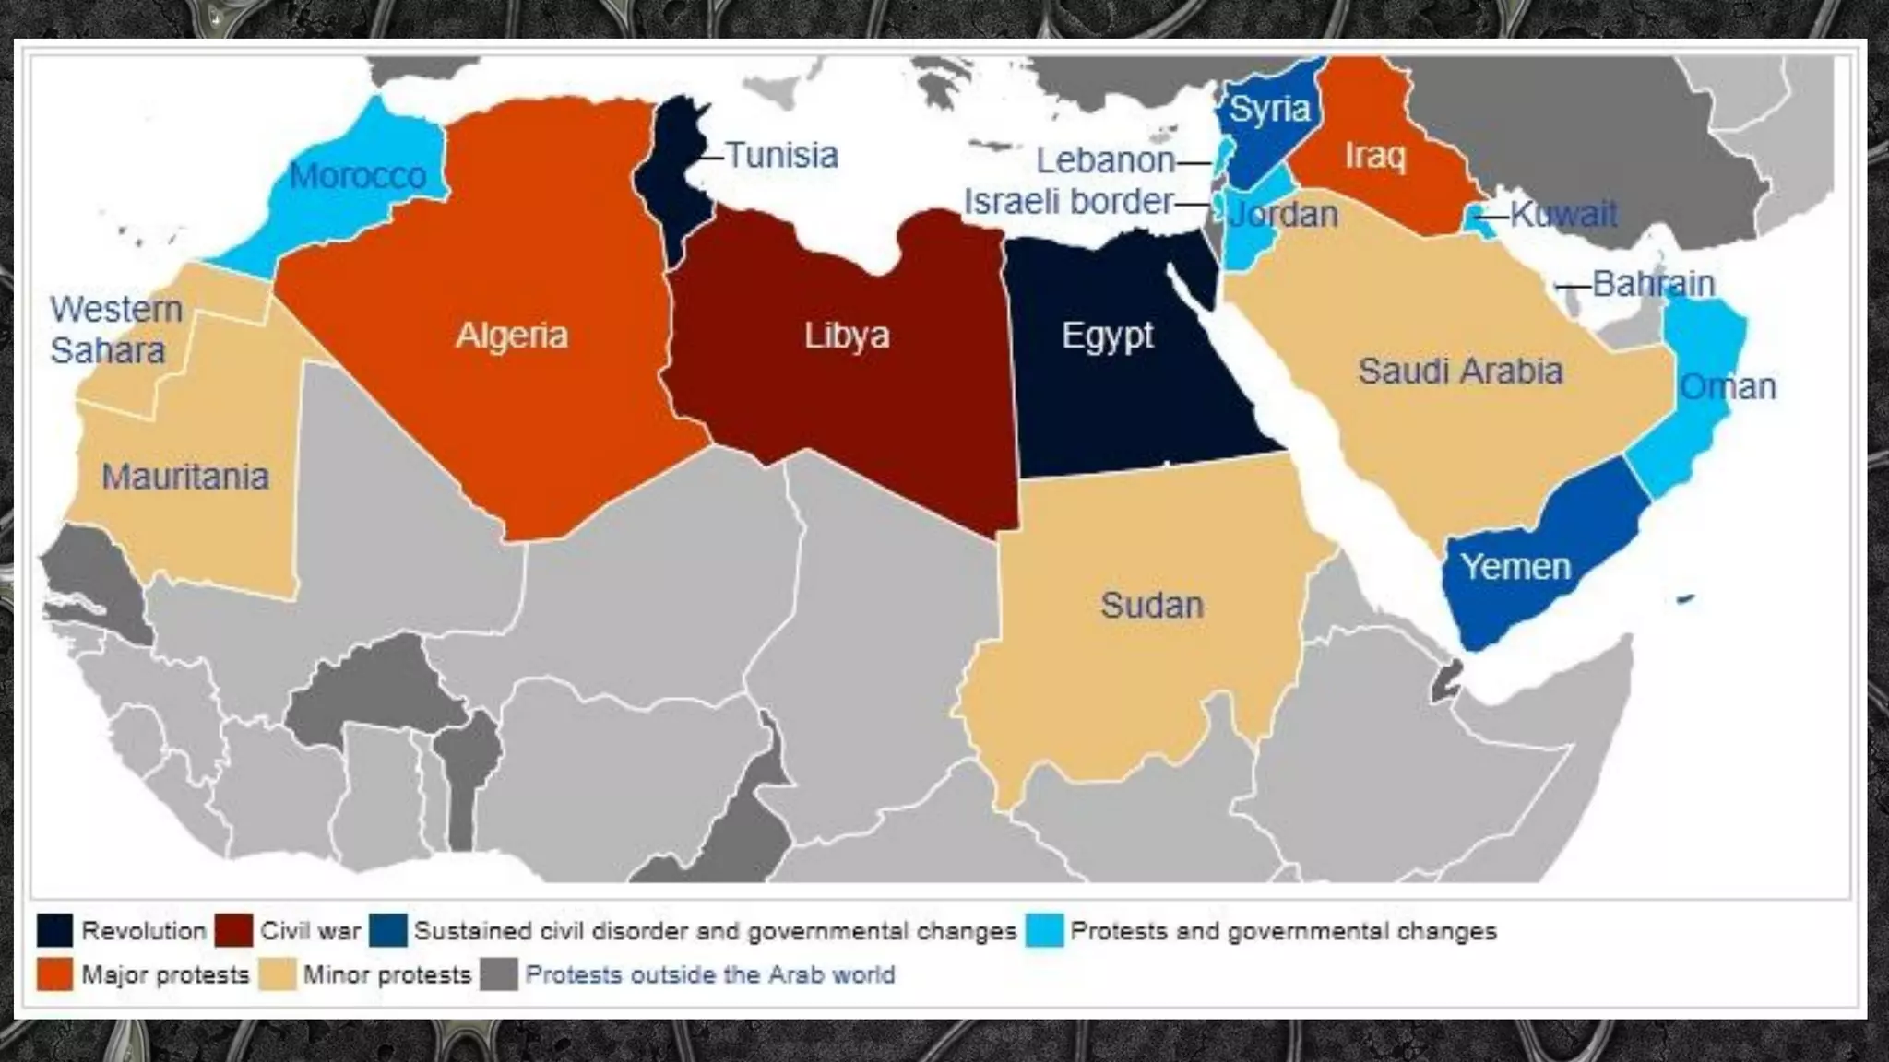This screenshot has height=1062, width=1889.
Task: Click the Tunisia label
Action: (781, 155)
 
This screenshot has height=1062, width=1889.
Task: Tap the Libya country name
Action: (847, 335)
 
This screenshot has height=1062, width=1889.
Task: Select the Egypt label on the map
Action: (1107, 335)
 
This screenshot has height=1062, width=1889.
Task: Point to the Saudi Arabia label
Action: (1460, 371)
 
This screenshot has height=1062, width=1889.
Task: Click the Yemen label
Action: (1515, 566)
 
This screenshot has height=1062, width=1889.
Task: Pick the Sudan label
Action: (1152, 605)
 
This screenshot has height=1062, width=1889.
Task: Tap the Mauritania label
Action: (184, 477)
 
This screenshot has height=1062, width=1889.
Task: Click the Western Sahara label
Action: (115, 330)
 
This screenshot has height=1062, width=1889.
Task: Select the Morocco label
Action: (357, 175)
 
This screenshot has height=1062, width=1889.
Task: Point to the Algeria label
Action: (512, 335)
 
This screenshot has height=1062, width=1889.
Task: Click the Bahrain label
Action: (1653, 283)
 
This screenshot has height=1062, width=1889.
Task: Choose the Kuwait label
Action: (1563, 214)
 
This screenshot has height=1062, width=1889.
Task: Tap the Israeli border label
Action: (1068, 201)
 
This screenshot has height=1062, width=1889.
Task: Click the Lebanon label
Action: (1105, 160)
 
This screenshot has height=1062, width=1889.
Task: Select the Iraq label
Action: (1374, 155)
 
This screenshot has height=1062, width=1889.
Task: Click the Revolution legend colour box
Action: (54, 930)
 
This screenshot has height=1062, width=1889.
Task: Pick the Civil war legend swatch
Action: (233, 930)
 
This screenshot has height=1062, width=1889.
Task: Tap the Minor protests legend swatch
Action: (277, 974)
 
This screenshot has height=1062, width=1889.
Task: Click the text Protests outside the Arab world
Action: (709, 974)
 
